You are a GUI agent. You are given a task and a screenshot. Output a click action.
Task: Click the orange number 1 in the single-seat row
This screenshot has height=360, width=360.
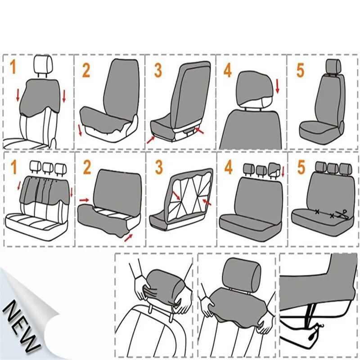(13, 67)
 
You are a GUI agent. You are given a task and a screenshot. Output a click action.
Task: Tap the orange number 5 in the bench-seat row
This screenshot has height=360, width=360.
(301, 167)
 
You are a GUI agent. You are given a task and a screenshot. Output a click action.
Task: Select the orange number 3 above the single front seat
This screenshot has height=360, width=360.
(158, 70)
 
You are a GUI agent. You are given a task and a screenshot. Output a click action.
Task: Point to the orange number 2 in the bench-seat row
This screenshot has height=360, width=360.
(87, 167)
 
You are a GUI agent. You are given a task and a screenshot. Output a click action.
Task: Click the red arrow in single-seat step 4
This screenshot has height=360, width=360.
(277, 86)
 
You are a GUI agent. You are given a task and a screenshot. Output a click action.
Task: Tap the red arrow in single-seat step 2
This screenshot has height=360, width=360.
(80, 130)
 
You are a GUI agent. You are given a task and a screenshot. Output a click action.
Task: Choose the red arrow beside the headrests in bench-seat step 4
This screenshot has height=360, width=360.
(283, 171)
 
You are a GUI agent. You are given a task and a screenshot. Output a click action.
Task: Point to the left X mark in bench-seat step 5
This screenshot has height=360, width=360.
(317, 211)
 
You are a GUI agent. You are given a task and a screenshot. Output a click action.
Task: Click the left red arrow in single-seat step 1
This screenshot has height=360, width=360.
(18, 94)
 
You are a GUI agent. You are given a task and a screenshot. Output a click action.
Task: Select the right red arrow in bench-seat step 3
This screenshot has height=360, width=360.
(207, 202)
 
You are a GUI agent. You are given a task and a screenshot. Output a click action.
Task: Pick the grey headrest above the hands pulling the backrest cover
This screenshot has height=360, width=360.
(242, 274)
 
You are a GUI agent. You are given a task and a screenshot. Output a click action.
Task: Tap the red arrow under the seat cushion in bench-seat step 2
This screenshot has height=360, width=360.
(129, 237)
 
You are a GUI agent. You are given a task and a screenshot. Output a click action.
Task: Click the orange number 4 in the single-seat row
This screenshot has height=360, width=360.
(228, 71)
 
